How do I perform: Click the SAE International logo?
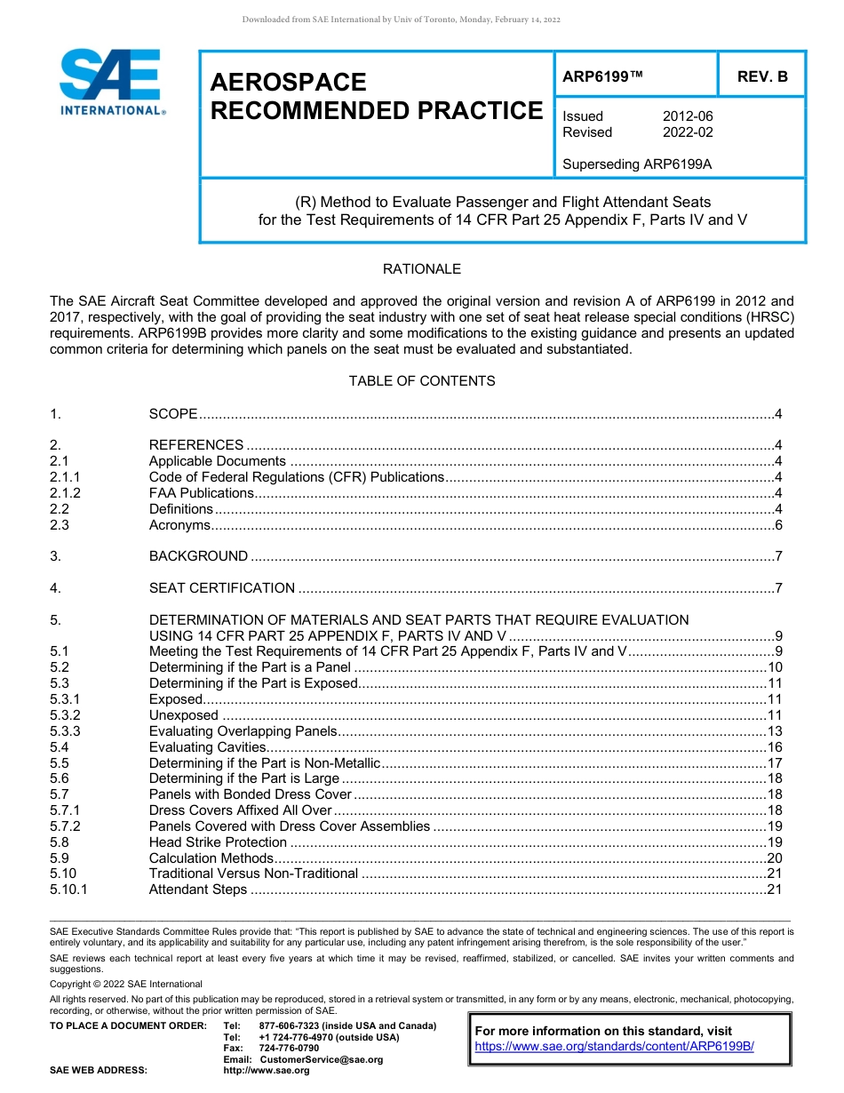[111, 82]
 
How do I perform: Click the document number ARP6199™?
[602, 76]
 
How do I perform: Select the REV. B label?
[761, 76]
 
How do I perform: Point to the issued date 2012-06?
[687, 116]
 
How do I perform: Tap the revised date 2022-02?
[687, 132]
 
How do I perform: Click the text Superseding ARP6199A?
[637, 164]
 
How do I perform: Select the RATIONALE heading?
[421, 268]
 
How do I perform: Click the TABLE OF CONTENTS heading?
[421, 380]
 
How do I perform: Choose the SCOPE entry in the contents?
[173, 414]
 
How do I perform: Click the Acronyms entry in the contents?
[179, 525]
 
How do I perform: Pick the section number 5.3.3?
[65, 731]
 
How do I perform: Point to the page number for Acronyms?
[777, 525]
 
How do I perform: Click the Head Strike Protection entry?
[218, 842]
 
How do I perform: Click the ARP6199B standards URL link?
[614, 1046]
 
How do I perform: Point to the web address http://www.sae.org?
[267, 1070]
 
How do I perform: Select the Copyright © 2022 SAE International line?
[126, 984]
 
